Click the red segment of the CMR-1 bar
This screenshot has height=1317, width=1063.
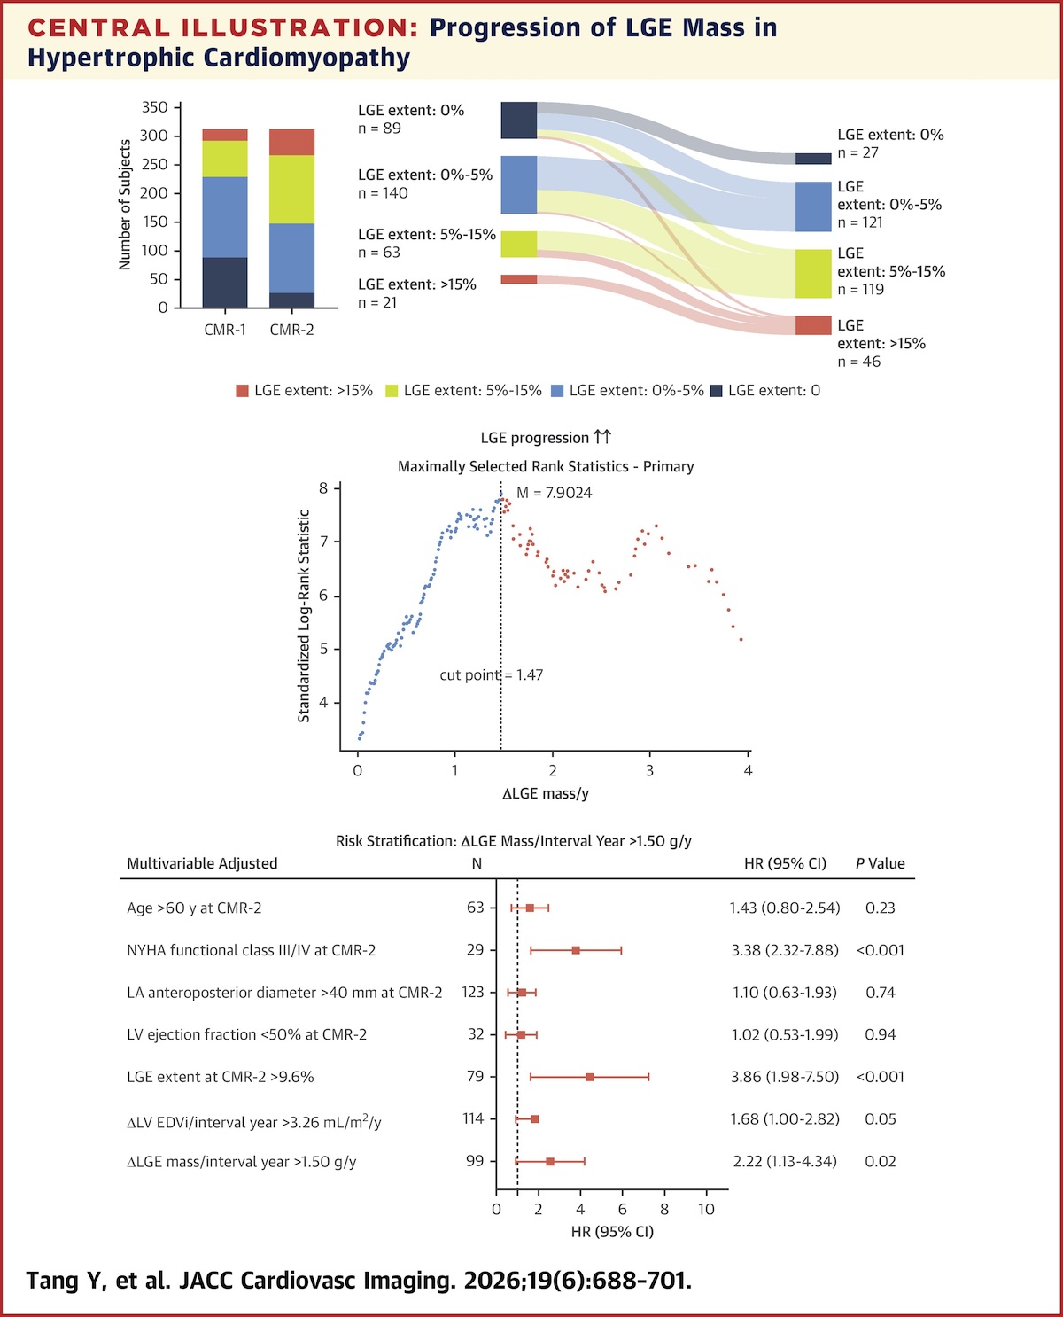pyautogui.click(x=225, y=135)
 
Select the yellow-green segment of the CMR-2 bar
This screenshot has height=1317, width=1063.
pyautogui.click(x=291, y=189)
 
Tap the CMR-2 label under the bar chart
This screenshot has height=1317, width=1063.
pyautogui.click(x=291, y=331)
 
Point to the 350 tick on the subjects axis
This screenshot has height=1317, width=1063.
pyautogui.click(x=154, y=107)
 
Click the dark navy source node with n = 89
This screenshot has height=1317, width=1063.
pyautogui.click(x=518, y=121)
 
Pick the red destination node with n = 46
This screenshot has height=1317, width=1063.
pyautogui.click(x=813, y=325)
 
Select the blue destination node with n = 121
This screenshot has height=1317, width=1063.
pyautogui.click(x=813, y=207)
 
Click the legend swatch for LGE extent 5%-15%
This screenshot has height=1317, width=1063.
pyautogui.click(x=392, y=391)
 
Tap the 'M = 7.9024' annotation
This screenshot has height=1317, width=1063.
pyautogui.click(x=555, y=493)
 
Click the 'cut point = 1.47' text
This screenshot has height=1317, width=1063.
pyautogui.click(x=492, y=675)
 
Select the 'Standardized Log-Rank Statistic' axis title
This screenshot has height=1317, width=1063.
pyautogui.click(x=304, y=616)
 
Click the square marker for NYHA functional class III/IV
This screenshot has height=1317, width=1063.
pyautogui.click(x=576, y=950)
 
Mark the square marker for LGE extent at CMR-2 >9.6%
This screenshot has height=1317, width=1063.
pyautogui.click(x=590, y=1077)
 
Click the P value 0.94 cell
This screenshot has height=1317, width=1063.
pyautogui.click(x=880, y=1034)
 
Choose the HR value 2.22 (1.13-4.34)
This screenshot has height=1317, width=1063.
pyautogui.click(x=785, y=1161)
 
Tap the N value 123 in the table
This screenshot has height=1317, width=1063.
pyautogui.click(x=473, y=993)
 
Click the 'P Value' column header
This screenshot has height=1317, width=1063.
pyautogui.click(x=880, y=864)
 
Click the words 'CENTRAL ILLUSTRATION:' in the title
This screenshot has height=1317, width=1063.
pyautogui.click(x=223, y=27)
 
